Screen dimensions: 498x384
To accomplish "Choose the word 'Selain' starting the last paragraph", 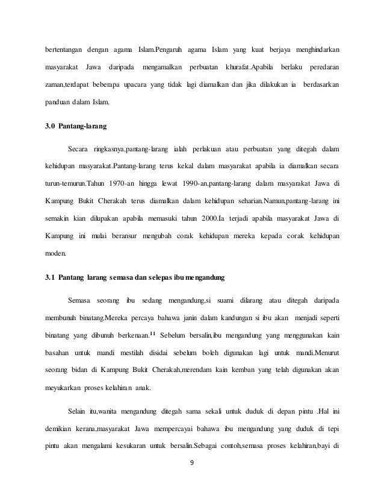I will (79, 412).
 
